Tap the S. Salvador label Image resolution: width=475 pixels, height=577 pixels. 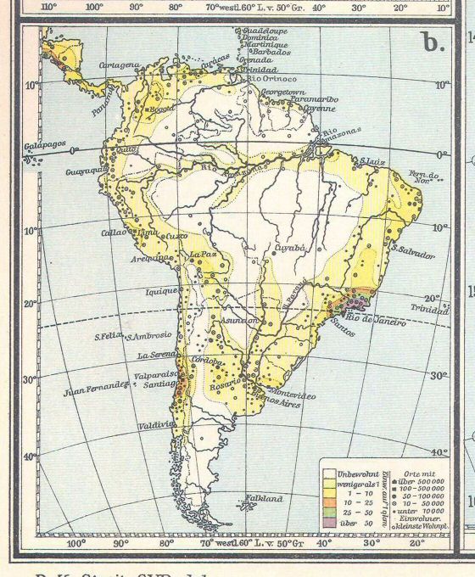coord(414,254)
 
